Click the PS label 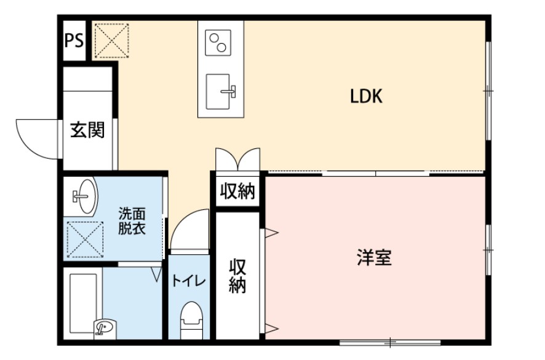click(x=75, y=41)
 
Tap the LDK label click(x=367, y=96)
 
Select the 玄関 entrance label click(x=87, y=130)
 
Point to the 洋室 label click(x=374, y=257)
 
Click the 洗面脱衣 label click(x=132, y=222)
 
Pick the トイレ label click(x=188, y=281)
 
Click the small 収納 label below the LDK click(x=237, y=191)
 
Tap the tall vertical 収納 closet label click(x=238, y=276)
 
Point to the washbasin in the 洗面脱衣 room click(x=82, y=196)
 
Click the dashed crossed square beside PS click(x=111, y=41)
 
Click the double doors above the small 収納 click(x=237, y=159)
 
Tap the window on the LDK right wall click(x=488, y=91)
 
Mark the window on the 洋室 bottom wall click(x=390, y=342)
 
